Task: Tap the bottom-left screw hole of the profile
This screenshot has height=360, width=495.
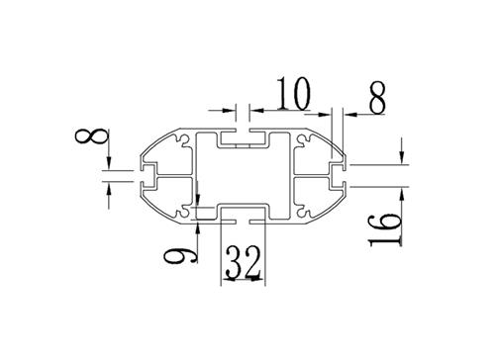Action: click(x=181, y=213)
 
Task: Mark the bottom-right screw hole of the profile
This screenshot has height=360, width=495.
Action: click(x=304, y=213)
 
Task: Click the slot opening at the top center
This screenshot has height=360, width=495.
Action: click(x=243, y=135)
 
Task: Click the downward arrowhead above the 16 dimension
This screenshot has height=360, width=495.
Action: click(x=401, y=157)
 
